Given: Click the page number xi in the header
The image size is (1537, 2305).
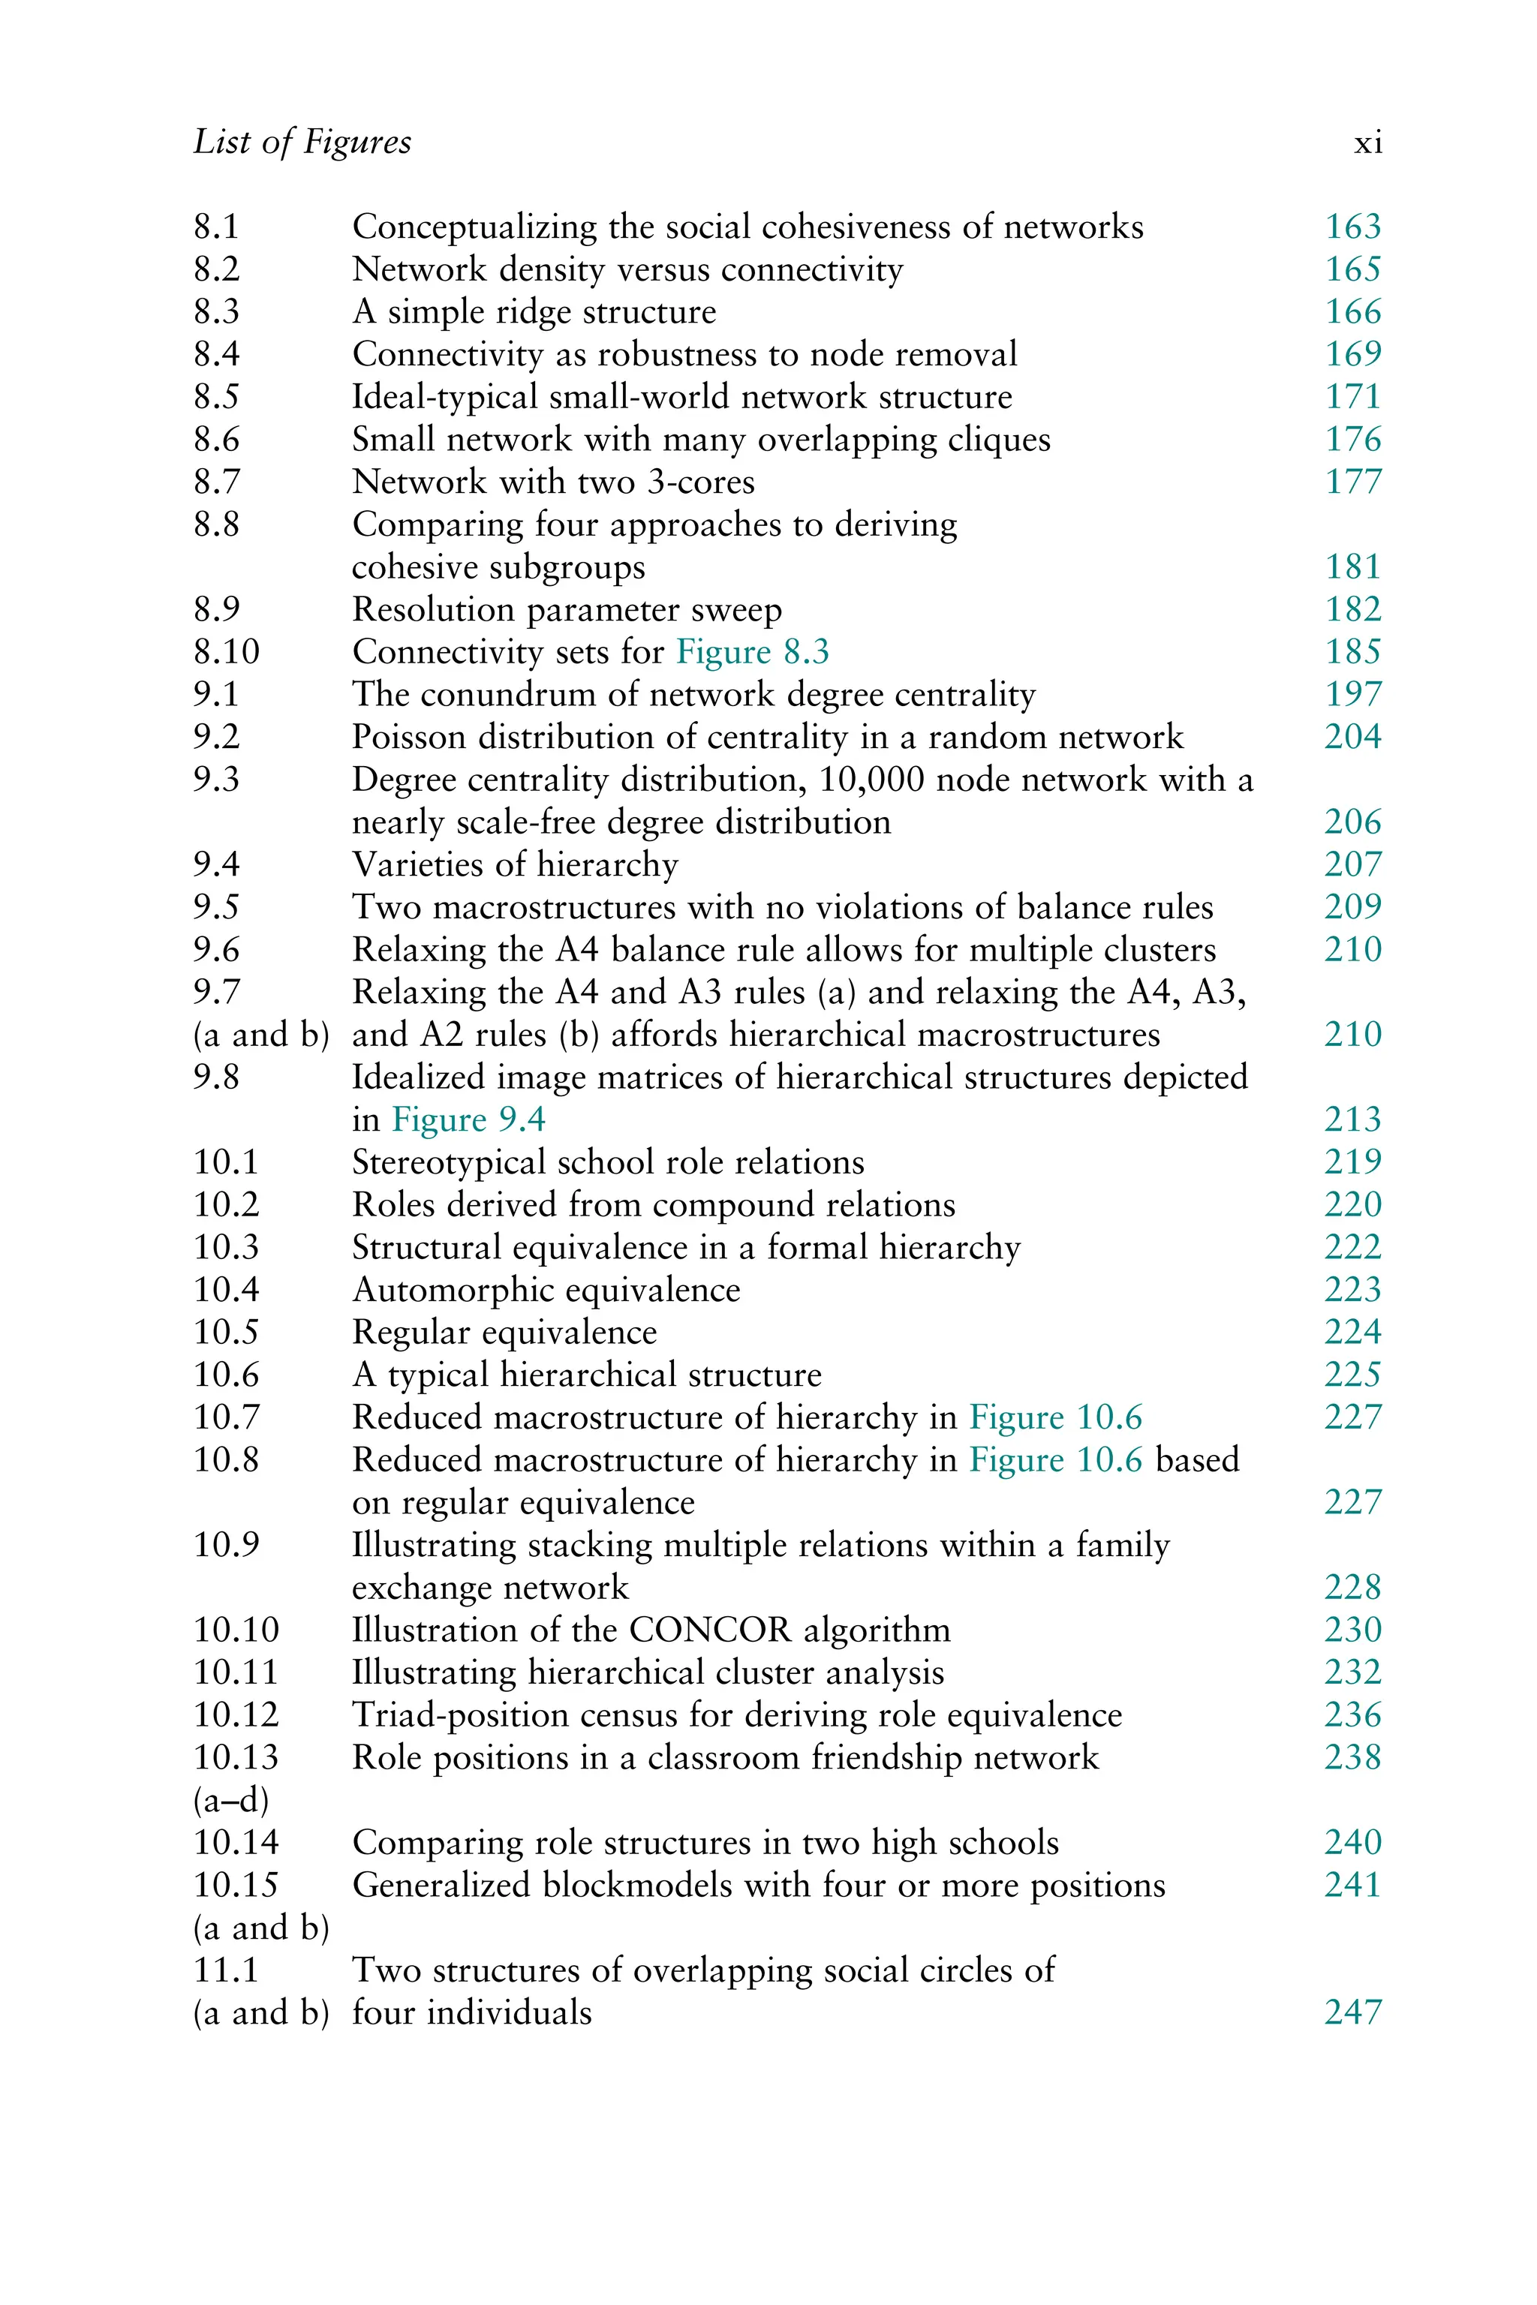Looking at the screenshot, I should pos(1367,144).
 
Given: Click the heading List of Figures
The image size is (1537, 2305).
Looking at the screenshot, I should pos(302,143).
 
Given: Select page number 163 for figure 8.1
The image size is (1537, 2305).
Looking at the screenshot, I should pos(1352,227).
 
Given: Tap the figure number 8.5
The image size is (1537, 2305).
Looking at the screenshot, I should pos(217,397).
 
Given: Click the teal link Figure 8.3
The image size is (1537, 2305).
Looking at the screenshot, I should pos(753,652).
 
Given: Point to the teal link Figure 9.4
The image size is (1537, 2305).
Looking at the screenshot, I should pos(468,1119).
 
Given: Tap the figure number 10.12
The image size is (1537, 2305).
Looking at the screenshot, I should pos(236,1715).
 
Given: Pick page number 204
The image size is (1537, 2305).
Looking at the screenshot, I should pos(1352,737).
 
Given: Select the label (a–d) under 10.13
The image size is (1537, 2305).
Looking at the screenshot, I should pos(230,1800).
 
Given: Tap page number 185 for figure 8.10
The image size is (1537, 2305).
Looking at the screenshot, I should pos(1352,652).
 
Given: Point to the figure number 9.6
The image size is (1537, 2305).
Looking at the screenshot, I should pos(217,950).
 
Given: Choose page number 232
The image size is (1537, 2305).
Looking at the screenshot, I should pos(1352,1672).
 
